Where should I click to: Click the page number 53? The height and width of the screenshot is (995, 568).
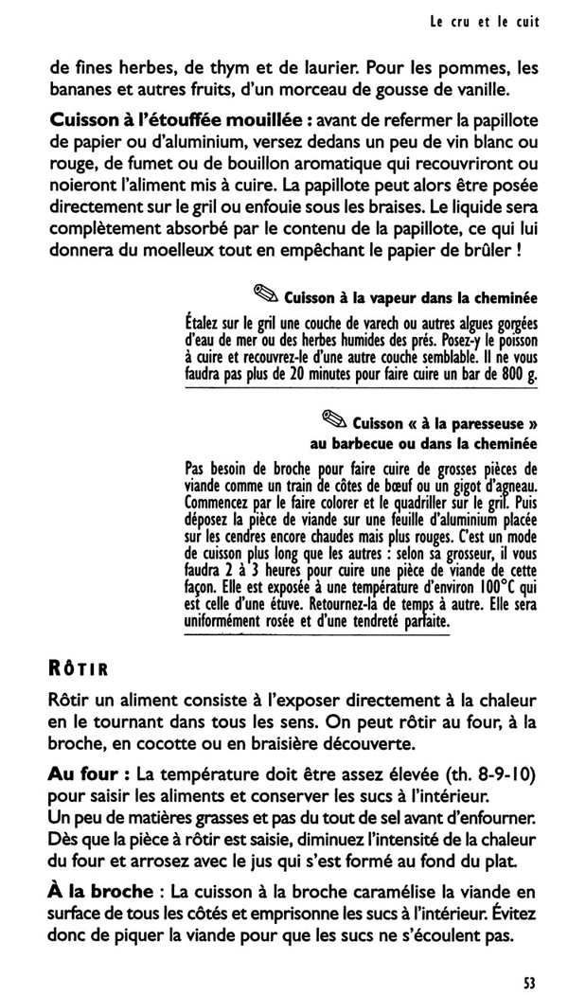click(529, 982)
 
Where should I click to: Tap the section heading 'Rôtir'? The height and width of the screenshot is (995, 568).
click(79, 669)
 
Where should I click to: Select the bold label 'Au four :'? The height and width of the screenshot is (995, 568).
click(87, 775)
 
